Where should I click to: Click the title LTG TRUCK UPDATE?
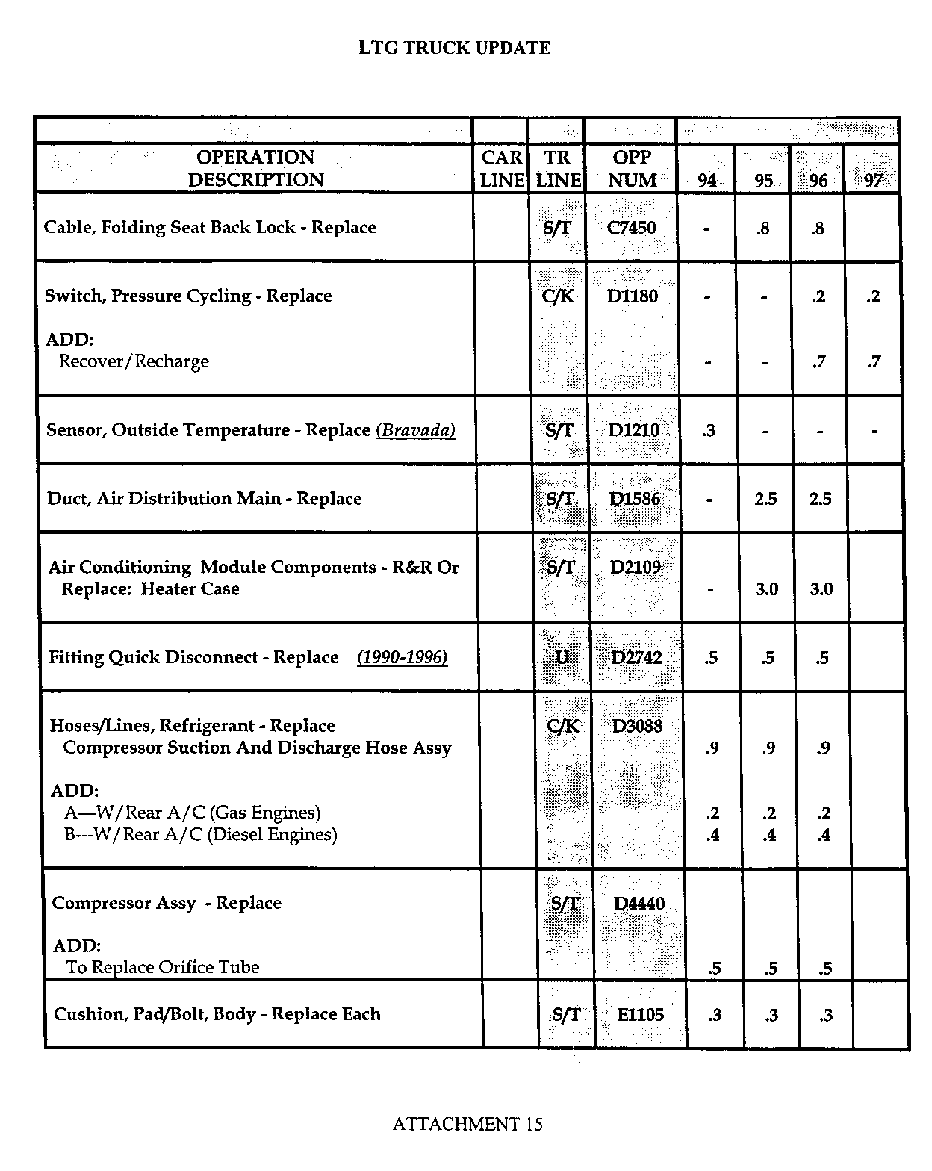click(454, 49)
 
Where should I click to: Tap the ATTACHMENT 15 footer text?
click(467, 1124)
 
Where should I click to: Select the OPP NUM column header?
click(633, 169)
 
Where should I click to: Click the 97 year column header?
click(872, 181)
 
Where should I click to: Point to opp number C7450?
click(632, 228)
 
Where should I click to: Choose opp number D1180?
click(633, 296)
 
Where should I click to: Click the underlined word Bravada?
click(416, 430)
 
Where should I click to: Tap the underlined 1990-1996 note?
click(403, 657)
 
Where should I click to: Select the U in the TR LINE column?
click(562, 657)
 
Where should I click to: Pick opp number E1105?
click(640, 1014)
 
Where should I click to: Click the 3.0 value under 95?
click(766, 589)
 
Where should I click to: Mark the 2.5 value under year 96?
click(820, 499)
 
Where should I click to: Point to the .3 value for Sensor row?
click(709, 430)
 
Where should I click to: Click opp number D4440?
click(639, 904)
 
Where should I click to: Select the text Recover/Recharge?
click(134, 362)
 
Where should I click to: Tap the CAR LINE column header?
click(502, 169)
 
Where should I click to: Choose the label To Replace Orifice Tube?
click(163, 968)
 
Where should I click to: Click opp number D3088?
click(637, 726)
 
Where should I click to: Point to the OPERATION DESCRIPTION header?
click(255, 169)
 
